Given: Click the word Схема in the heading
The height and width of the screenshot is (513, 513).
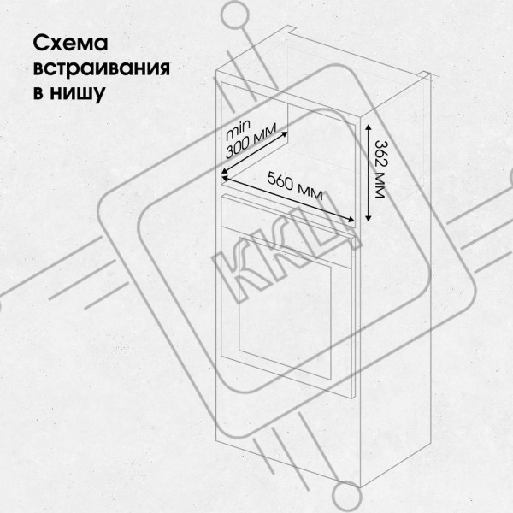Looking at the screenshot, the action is [x=70, y=44].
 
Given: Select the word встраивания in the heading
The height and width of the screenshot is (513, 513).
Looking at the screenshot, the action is [x=102, y=68].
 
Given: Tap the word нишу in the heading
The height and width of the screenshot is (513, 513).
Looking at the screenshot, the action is [x=78, y=93].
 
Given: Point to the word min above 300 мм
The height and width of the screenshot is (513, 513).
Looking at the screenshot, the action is [x=238, y=128].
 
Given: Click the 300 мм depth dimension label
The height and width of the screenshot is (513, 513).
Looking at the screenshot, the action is [x=251, y=141].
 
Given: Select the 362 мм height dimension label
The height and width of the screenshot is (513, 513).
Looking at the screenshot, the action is [x=379, y=169].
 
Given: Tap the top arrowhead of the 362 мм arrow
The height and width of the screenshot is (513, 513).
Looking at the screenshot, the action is [x=368, y=127].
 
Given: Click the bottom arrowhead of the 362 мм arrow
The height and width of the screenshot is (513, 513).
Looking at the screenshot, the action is [x=368, y=218].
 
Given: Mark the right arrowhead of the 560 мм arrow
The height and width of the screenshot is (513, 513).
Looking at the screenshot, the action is [x=351, y=220].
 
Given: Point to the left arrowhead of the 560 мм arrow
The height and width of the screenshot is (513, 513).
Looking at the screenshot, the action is [x=225, y=178].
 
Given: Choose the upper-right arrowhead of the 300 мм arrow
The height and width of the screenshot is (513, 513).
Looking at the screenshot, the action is [x=285, y=134].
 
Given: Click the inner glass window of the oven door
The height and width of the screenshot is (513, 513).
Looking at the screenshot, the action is [x=285, y=302].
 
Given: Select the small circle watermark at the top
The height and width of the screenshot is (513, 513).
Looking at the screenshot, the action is [x=235, y=15].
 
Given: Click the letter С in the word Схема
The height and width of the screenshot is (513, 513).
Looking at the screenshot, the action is [x=40, y=44].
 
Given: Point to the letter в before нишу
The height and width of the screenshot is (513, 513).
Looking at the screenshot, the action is [x=38, y=93].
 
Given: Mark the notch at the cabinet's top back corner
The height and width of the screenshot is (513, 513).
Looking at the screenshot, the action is [x=425, y=75].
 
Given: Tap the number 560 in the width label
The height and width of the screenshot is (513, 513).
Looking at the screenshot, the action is [x=280, y=181].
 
